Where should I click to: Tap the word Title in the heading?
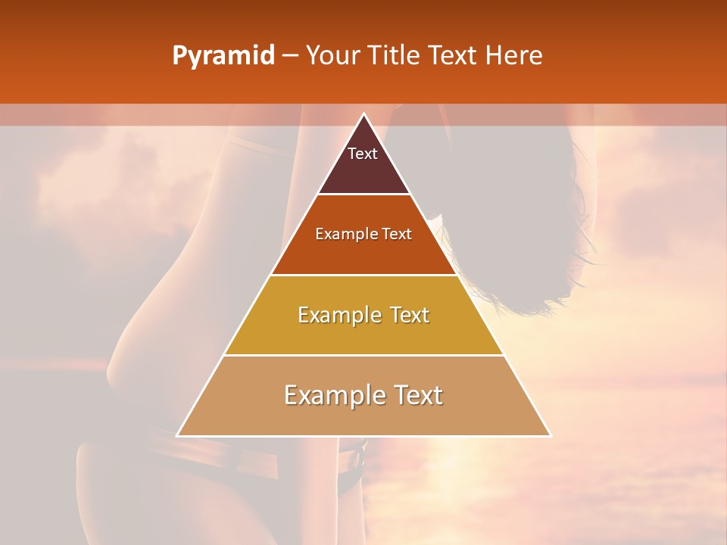pyautogui.click(x=397, y=56)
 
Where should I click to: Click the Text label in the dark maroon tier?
pyautogui.click(x=363, y=154)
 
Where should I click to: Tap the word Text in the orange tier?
pyautogui.click(x=397, y=235)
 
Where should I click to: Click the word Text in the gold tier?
pyautogui.click(x=410, y=316)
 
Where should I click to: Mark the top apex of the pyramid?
pyautogui.click(x=364, y=115)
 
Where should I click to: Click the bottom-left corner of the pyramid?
pyautogui.click(x=178, y=435)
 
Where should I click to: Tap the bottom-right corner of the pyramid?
pyautogui.click(x=550, y=435)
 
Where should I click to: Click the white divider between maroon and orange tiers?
pyautogui.click(x=363, y=195)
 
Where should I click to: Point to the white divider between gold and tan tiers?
pyautogui.click(x=363, y=355)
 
